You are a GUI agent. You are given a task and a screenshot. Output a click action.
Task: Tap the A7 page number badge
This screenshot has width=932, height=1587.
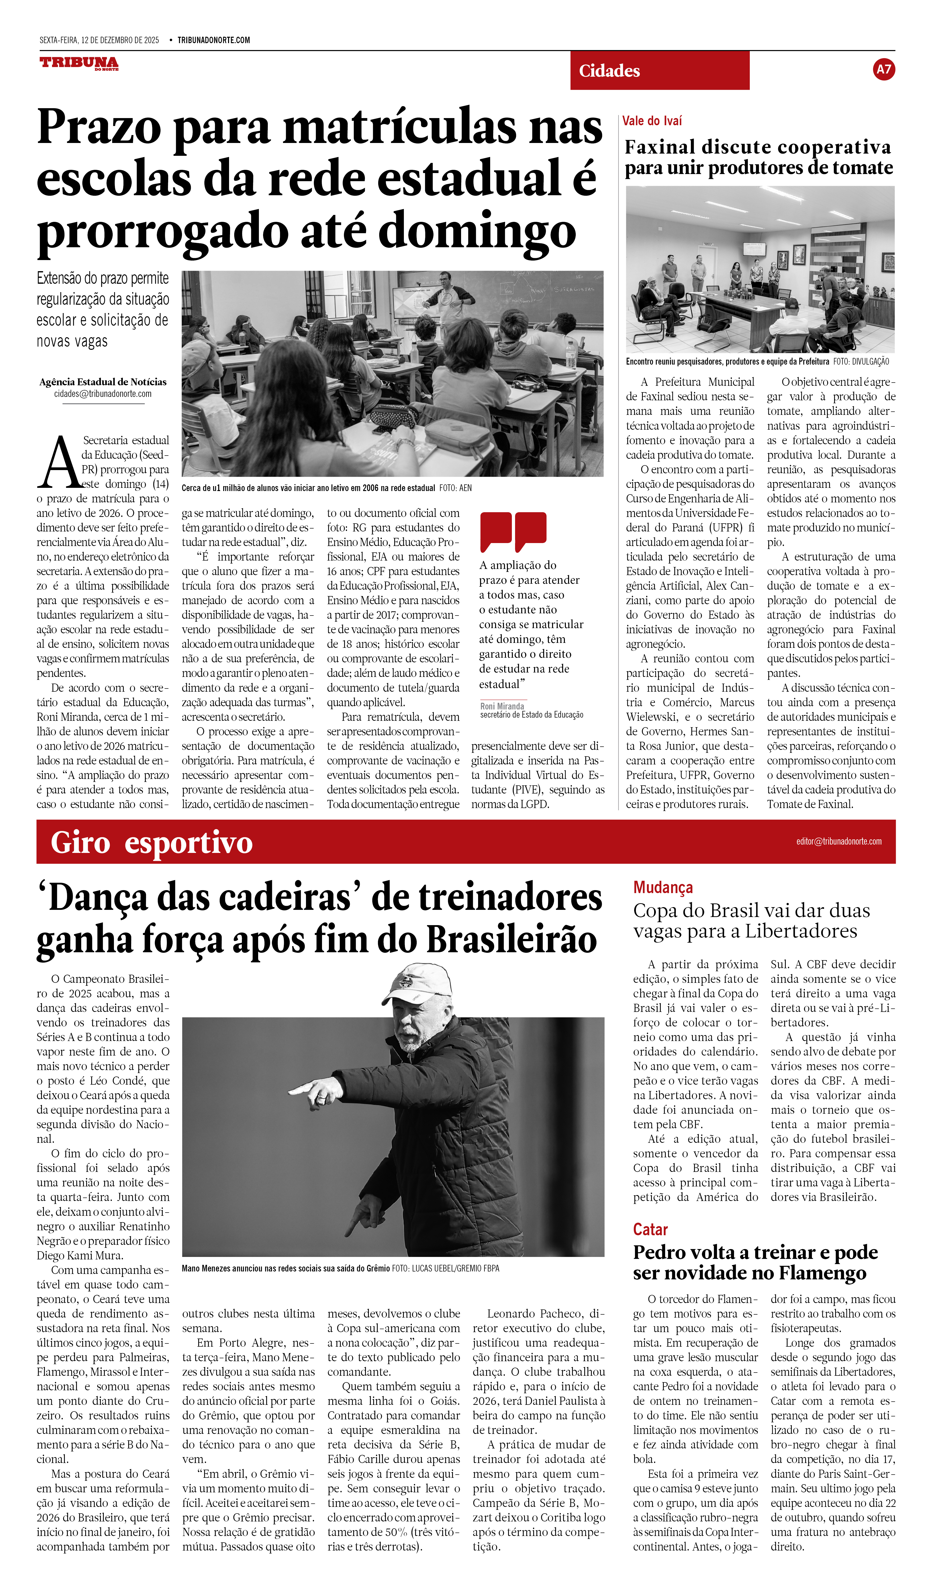883,69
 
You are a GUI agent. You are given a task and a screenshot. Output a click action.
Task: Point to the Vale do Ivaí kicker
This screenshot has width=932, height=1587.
652,121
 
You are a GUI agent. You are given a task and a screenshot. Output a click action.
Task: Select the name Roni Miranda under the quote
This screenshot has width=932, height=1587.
502,706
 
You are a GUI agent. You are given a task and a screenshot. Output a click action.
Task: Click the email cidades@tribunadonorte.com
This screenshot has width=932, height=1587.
103,394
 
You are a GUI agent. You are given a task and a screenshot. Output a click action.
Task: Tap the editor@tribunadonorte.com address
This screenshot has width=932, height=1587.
838,841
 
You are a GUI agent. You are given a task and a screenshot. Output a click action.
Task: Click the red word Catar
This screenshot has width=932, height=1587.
650,1229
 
